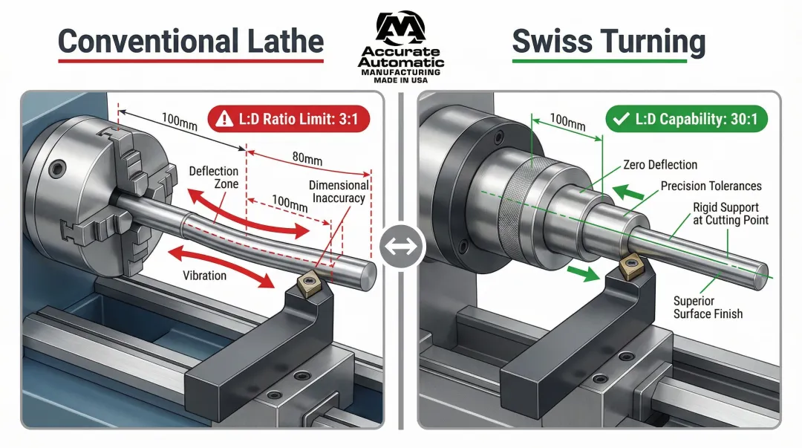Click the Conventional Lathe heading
(x=191, y=42)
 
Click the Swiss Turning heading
(x=608, y=42)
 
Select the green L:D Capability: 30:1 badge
(x=686, y=119)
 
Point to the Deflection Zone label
(x=213, y=178)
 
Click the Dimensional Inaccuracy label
(x=339, y=192)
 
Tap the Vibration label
(x=205, y=275)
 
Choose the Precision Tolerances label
(x=711, y=186)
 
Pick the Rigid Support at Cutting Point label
(x=731, y=213)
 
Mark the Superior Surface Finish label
(x=708, y=308)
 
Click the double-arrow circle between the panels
(x=401, y=245)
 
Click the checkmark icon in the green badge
(x=620, y=119)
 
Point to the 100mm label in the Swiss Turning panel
(x=567, y=121)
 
